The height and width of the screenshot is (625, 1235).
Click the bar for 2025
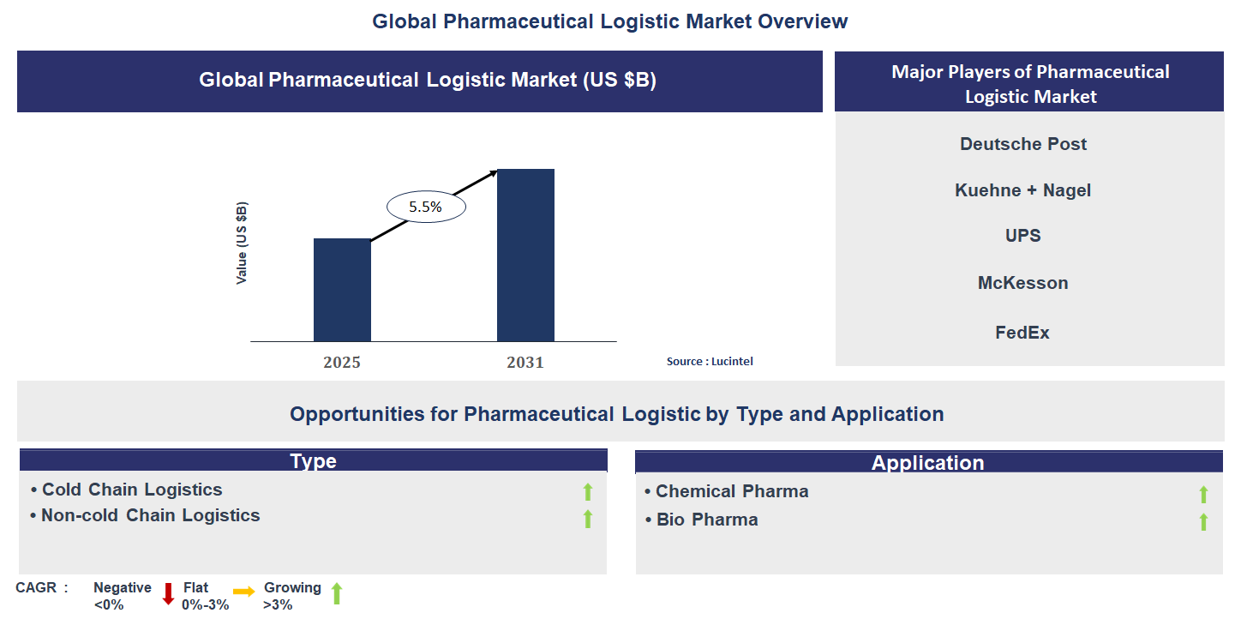pos(342,290)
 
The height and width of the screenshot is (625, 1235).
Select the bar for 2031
pos(525,255)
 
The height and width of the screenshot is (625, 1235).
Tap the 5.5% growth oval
pos(425,207)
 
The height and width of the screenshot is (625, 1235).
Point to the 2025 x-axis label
pos(342,362)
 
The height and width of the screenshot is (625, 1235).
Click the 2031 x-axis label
pos(525,362)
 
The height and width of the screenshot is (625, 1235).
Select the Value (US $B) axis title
pos(242,243)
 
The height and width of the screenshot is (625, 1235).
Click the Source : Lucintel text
pos(710,362)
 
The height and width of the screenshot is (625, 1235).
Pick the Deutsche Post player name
pos(1023,144)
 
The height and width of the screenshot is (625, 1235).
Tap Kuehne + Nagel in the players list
pos(1023,190)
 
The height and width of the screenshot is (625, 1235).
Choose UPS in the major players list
pos(1023,236)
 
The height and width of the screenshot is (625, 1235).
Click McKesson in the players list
pos(1023,283)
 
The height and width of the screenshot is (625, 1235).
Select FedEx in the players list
pos(1022,332)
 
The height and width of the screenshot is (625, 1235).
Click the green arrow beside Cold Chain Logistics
pos(588,491)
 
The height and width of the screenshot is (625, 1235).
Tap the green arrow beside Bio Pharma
pos(1203,521)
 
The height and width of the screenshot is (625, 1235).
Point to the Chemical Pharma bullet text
pos(732,491)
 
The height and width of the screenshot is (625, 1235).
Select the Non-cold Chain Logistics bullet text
pos(151,515)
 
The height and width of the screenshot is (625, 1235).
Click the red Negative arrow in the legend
pos(168,593)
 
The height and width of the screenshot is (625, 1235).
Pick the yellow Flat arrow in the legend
pos(244,592)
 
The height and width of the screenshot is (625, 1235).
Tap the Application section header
pos(927,463)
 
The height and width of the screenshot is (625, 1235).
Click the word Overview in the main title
pos(803,21)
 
